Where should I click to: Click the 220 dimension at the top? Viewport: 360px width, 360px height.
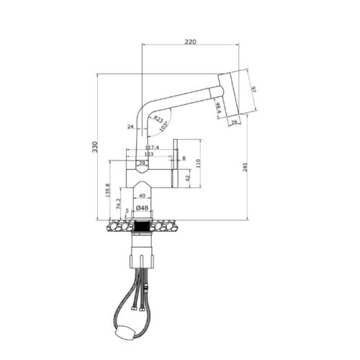click(x=189, y=42)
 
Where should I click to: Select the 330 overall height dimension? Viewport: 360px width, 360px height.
click(x=94, y=147)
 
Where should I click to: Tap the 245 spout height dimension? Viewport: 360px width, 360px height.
click(x=246, y=166)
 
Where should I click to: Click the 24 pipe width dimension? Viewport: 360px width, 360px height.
click(x=130, y=126)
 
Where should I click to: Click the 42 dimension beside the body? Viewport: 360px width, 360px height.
click(x=187, y=177)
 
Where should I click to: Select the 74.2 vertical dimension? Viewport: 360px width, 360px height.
click(x=118, y=204)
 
